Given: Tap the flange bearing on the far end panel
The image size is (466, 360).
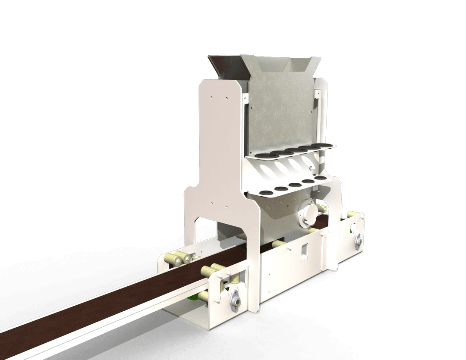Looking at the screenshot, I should [x=358, y=241].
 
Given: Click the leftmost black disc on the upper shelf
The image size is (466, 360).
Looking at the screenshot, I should [x=261, y=156].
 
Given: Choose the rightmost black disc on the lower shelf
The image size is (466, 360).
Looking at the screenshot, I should [x=320, y=178].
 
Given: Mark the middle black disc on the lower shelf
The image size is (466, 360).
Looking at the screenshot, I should [x=295, y=185].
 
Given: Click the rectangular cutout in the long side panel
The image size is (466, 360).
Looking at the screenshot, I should [x=304, y=251].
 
